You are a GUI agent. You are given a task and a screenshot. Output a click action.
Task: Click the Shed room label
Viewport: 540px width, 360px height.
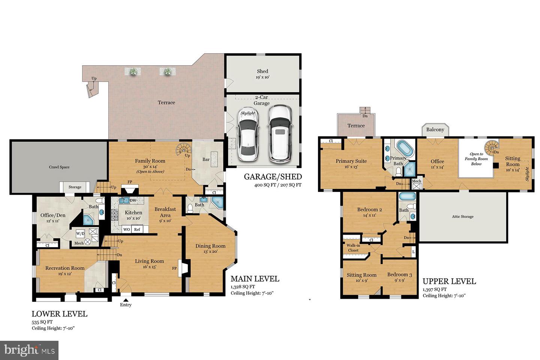pyautogui.click(x=262, y=71)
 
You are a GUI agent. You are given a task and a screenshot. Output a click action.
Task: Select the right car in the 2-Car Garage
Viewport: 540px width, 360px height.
pyautogui.click(x=279, y=133)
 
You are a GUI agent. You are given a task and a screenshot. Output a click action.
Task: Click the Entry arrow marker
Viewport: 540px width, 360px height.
pyautogui.click(x=126, y=299)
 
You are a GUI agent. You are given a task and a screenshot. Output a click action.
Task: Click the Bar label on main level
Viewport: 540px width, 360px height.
pyautogui.click(x=206, y=159)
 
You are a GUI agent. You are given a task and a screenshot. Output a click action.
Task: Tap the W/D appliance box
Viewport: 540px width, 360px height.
pyautogui.click(x=81, y=234)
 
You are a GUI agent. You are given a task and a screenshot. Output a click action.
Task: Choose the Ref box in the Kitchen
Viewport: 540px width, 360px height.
pyautogui.click(x=137, y=229)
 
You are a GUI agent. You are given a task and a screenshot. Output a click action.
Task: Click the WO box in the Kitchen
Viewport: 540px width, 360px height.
pyautogui.click(x=127, y=229)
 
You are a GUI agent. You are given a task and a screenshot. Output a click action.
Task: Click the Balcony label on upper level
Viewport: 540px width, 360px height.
pyautogui.click(x=435, y=130)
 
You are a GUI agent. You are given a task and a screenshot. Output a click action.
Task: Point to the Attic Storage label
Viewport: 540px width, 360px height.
pyautogui.click(x=462, y=217)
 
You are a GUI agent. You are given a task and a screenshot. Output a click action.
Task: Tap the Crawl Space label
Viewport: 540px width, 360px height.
pyautogui.click(x=59, y=167)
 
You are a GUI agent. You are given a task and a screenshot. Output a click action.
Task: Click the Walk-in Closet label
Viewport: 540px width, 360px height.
pyautogui.click(x=353, y=248)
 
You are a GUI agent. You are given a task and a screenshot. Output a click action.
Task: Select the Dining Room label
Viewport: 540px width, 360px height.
pyautogui.click(x=210, y=246)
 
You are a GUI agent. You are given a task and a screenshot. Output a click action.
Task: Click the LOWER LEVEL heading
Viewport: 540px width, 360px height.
pyautogui.click(x=59, y=314)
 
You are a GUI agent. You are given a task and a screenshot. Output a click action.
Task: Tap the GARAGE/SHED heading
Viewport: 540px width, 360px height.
pyautogui.click(x=273, y=177)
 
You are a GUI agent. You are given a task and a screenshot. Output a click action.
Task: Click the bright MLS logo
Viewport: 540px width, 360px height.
pyautogui.click(x=29, y=350)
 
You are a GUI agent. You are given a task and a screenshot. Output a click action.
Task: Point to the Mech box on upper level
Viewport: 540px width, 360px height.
pyautogui.click(x=416, y=183)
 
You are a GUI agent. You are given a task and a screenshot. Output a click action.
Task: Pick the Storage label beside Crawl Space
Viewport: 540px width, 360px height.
pyautogui.click(x=75, y=187)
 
